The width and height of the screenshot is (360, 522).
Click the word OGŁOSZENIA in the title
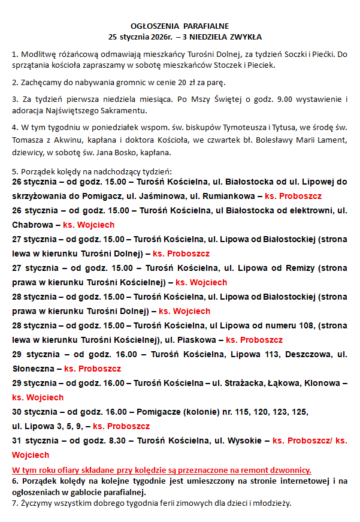tap(151, 26)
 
